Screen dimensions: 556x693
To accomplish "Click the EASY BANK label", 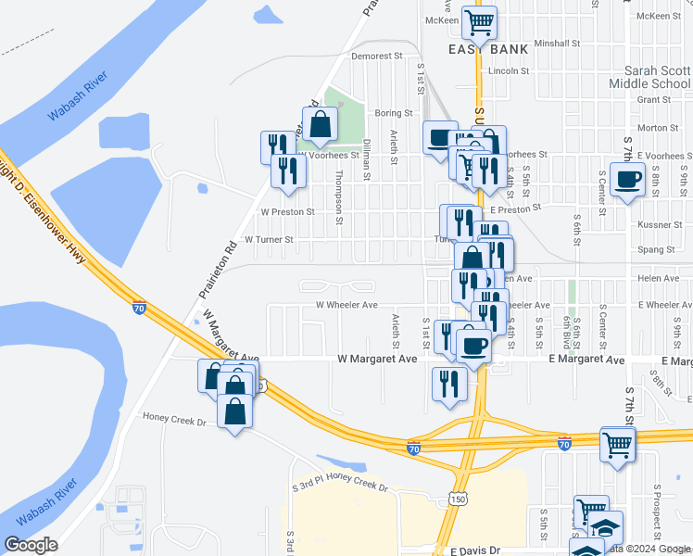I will pos(488,49).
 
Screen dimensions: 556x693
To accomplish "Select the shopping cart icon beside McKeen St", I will pos(480,21).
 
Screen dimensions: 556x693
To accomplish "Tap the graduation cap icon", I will pos(606,527).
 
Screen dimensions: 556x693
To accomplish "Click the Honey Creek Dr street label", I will pos(173,419).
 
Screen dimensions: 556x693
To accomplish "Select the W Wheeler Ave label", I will pos(346,305).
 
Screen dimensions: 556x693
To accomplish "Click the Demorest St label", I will pos(377,57).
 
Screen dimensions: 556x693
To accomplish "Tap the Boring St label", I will pos(393,113).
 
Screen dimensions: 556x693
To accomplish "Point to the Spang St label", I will pos(656,250).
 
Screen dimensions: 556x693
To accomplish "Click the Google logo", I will pos(31,545).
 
